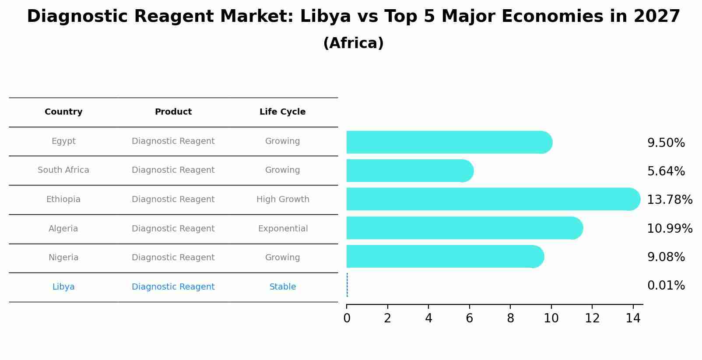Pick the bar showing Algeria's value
[x=464, y=228]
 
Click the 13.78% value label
[x=670, y=200]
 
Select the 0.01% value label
[x=666, y=286]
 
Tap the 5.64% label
[x=666, y=171]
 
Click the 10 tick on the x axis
[x=551, y=318]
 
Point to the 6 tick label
[x=469, y=318]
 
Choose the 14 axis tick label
[x=633, y=318]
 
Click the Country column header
[x=63, y=112]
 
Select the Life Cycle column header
[x=282, y=112]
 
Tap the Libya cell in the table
[x=63, y=287]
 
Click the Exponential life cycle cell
[x=283, y=229]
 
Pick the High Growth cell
[x=283, y=199]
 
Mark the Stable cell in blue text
[x=283, y=287]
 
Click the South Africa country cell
[x=63, y=170]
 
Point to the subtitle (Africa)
[x=353, y=43]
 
